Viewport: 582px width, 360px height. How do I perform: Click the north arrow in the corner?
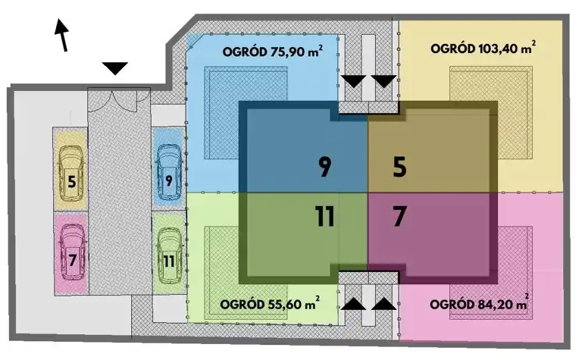tap(62, 36)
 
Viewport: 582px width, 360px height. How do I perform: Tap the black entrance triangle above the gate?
tap(115, 68)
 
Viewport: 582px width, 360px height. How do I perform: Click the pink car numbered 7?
tap(73, 252)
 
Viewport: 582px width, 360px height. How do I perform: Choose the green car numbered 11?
tap(169, 255)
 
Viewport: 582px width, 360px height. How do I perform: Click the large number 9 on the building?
tap(325, 167)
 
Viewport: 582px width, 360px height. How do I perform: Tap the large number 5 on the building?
tap(400, 167)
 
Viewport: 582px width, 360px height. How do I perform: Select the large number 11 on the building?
tap(325, 216)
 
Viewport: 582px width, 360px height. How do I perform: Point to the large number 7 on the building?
tap(400, 216)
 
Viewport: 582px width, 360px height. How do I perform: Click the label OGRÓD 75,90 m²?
tap(273, 52)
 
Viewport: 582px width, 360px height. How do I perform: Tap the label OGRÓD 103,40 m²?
tap(483, 48)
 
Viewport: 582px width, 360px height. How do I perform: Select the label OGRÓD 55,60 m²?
tap(270, 304)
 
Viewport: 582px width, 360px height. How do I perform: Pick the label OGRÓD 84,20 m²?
tap(480, 304)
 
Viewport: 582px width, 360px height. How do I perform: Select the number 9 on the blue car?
tap(169, 180)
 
